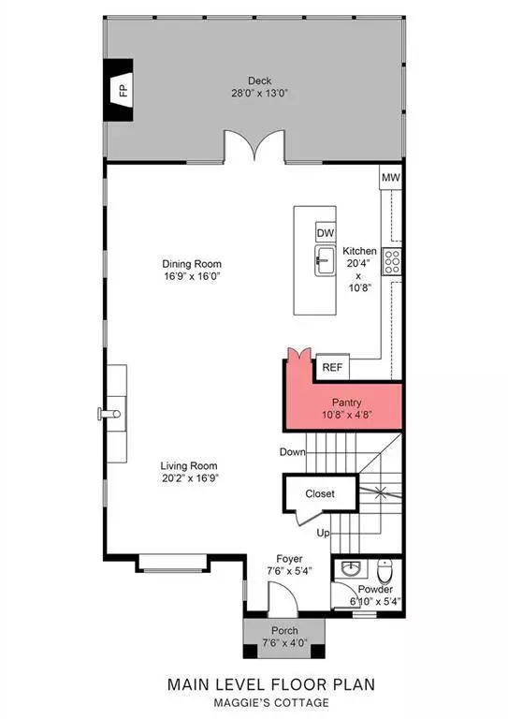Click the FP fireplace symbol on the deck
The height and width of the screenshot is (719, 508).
(122, 90)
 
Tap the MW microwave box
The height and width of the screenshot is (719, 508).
(390, 176)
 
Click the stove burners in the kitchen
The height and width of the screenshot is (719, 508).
(394, 259)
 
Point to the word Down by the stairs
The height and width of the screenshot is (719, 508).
(292, 452)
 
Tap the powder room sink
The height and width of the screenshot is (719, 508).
(350, 567)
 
